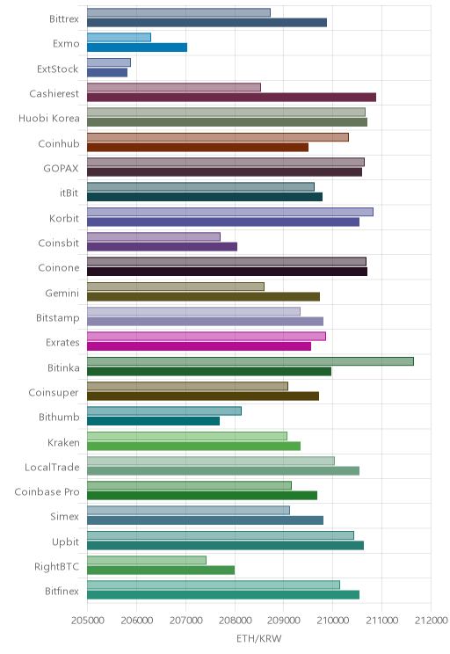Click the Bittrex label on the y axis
click(64, 18)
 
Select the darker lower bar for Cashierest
click(231, 98)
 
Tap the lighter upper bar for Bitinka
click(250, 361)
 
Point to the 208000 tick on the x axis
click(235, 620)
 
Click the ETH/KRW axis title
click(259, 638)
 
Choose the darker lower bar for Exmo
click(137, 47)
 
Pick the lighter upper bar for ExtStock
click(109, 62)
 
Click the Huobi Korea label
click(49, 119)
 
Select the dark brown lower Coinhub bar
click(198, 147)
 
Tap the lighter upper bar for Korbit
click(230, 212)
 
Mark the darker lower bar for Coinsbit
click(163, 246)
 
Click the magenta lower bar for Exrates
click(199, 346)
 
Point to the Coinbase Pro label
click(47, 491)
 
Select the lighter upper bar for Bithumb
click(164, 411)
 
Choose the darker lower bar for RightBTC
click(161, 570)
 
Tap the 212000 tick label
click(432, 620)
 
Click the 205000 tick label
click(88, 620)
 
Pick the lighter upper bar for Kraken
click(187, 436)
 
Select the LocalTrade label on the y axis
click(52, 467)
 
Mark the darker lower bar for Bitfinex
click(223, 595)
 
